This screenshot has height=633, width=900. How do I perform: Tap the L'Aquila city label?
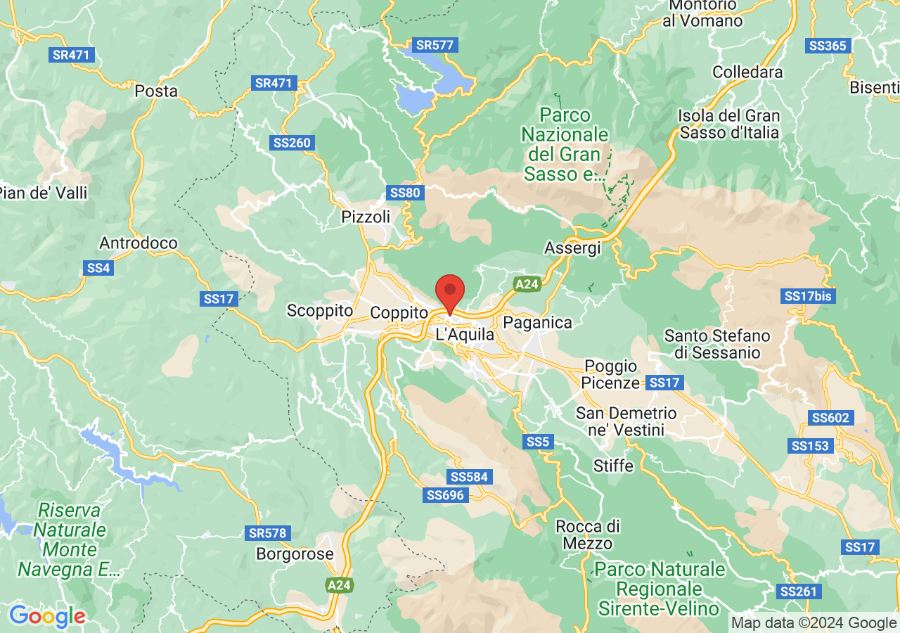coord(465,335)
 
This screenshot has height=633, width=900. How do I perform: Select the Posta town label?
coord(156,91)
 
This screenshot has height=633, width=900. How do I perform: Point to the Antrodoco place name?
coord(139,243)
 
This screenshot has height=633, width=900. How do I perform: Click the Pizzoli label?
coord(366,217)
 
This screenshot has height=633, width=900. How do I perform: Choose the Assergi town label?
coord(573,248)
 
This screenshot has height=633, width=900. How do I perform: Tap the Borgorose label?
coord(295,554)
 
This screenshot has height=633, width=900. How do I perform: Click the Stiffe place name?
coord(613,466)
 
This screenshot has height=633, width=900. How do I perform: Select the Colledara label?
coord(747,72)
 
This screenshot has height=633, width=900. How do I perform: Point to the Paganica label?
coord(538,323)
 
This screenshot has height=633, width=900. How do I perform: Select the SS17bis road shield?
coord(809,296)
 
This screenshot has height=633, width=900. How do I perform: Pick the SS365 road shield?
coord(828,46)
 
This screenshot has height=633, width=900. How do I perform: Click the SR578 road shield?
coord(268,533)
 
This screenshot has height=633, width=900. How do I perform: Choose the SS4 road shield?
coord(98,268)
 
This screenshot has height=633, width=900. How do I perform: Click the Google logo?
coord(47,617)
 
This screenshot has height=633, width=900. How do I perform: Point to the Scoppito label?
coord(320,310)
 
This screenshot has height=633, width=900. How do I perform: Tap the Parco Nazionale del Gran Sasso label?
coord(565,144)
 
